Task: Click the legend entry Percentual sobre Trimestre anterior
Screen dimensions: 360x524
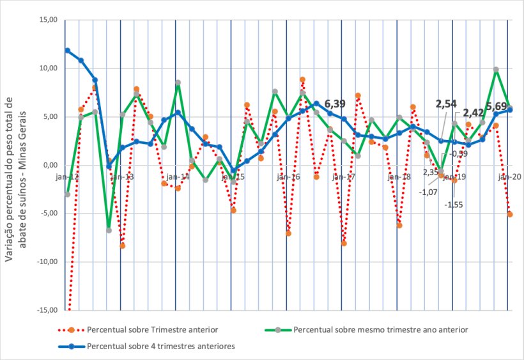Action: [x=152, y=331]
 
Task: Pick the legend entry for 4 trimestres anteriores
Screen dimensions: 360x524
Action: [x=160, y=347]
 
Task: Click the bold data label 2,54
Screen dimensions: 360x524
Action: [x=446, y=104]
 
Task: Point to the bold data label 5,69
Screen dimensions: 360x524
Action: [x=497, y=106]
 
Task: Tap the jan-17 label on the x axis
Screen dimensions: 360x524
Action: [x=344, y=177]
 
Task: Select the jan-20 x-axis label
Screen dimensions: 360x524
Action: [x=509, y=177]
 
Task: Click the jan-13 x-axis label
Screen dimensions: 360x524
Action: [x=122, y=177]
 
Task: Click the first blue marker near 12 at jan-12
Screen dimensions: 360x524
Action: [x=67, y=51]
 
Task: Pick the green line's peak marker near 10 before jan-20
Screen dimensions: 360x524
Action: [x=496, y=70]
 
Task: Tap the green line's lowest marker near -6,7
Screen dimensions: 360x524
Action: [x=109, y=230]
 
